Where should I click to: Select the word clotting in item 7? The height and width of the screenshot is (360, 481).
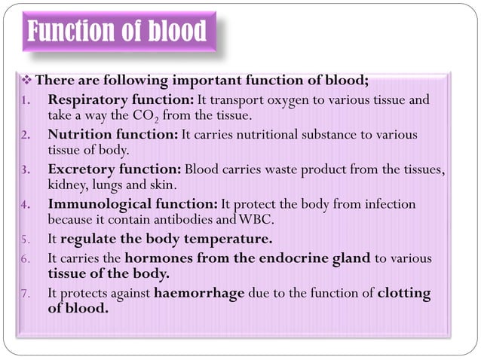pos(404,293)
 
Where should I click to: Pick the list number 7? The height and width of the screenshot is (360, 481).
pos(25,294)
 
